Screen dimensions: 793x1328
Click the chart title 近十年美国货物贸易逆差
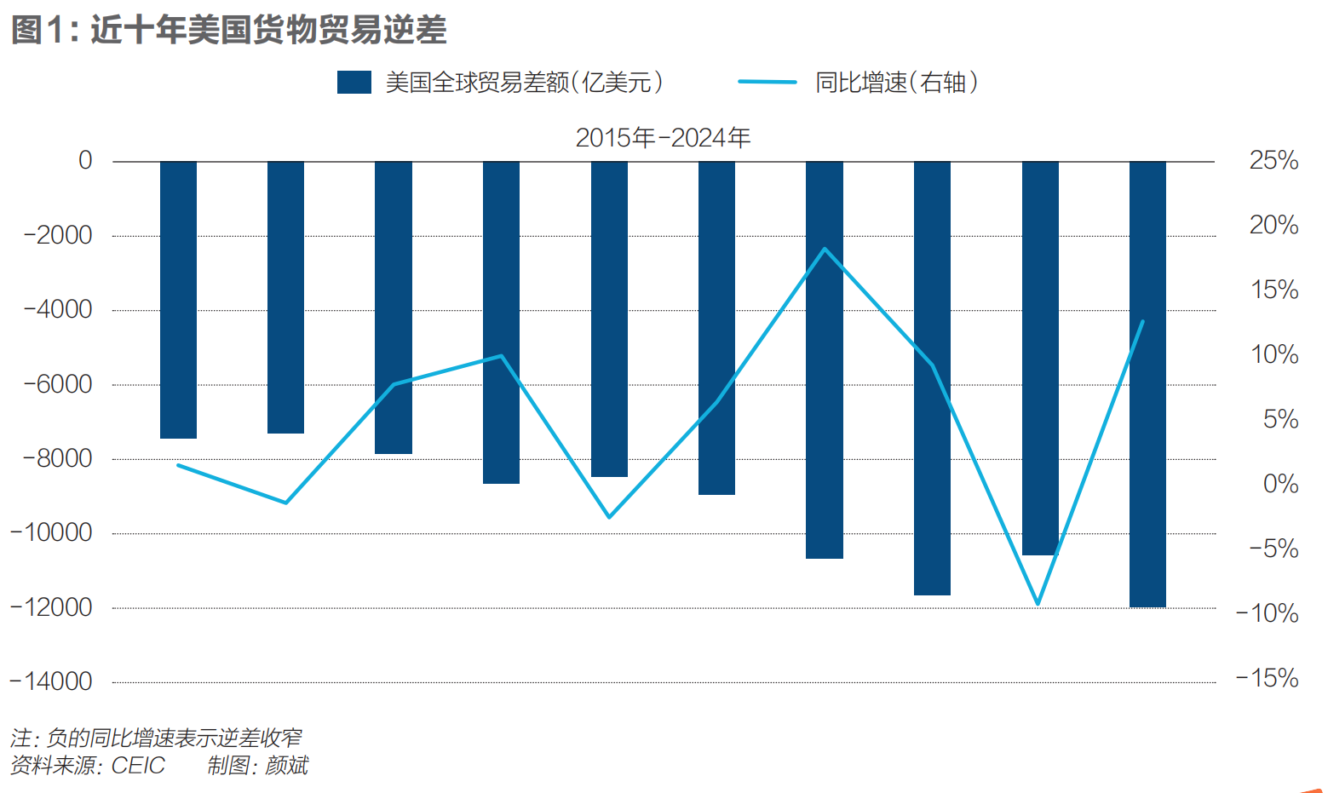pyautogui.click(x=267, y=31)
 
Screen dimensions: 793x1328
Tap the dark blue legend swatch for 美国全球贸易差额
pyautogui.click(x=354, y=83)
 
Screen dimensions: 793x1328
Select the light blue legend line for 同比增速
pyautogui.click(x=767, y=83)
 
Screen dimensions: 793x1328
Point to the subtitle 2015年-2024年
pyautogui.click(x=663, y=138)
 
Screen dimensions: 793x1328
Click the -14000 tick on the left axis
pyautogui.click(x=51, y=681)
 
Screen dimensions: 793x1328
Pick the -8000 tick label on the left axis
pyautogui.click(x=57, y=458)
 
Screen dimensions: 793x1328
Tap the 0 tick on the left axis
pyautogui.click(x=85, y=160)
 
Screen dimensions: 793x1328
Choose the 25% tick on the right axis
pyautogui.click(x=1273, y=160)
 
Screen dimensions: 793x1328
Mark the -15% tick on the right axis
pyautogui.click(x=1268, y=678)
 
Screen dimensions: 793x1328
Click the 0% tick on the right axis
pyautogui.click(x=1280, y=484)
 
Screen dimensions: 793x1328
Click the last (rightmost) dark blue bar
pyautogui.click(x=1147, y=383)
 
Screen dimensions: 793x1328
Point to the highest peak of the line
pyautogui.click(x=825, y=249)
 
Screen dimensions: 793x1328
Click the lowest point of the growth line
pyautogui.click(x=1038, y=604)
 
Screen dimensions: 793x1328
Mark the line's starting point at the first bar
pyautogui.click(x=178, y=465)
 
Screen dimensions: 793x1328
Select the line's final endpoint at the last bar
pyautogui.click(x=1142, y=322)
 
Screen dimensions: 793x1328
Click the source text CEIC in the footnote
pyautogui.click(x=138, y=766)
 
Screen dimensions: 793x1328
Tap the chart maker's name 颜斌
pyautogui.click(x=286, y=766)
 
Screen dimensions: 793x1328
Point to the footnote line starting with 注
pyautogui.click(x=156, y=738)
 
